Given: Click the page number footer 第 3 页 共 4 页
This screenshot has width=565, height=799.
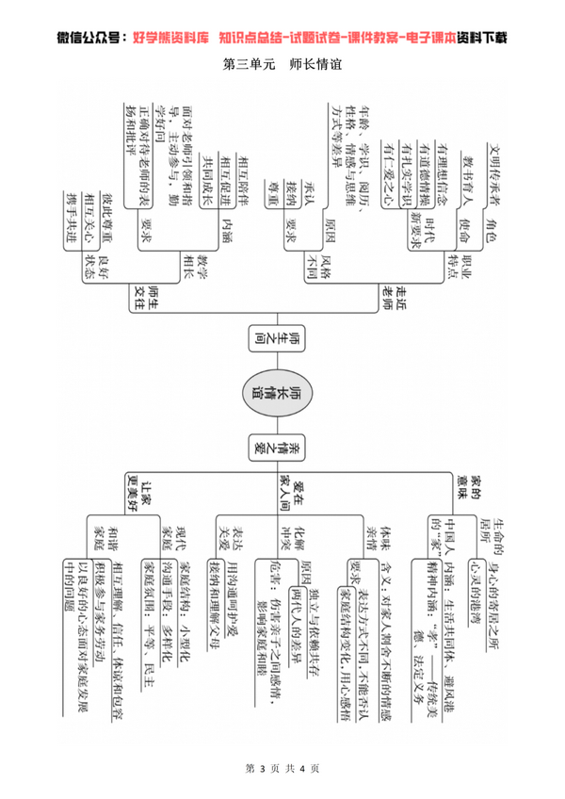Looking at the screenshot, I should coord(281,769).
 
